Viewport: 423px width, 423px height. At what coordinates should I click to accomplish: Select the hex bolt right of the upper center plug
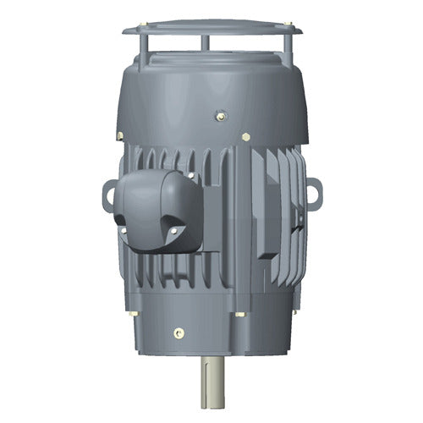point(245,135)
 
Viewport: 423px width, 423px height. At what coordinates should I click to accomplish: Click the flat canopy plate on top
point(211,28)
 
